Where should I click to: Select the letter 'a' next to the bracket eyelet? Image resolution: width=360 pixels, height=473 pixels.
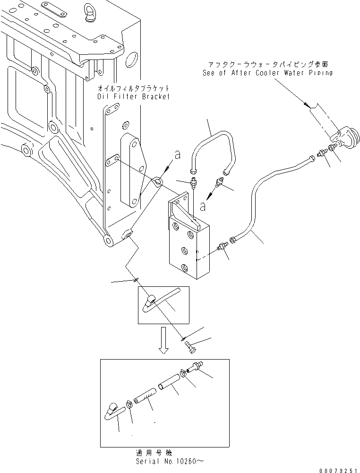[177, 154]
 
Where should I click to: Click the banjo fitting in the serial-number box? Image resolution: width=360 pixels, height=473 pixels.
[113, 409]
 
